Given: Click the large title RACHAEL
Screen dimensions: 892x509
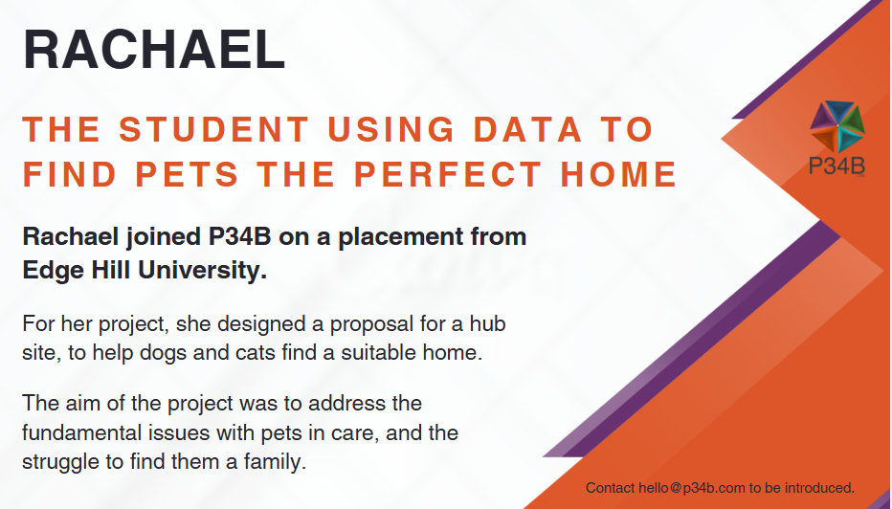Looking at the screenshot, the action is (x=154, y=49).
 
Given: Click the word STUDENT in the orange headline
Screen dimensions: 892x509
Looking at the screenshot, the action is (x=214, y=129).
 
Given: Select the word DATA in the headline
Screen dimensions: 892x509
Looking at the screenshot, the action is (x=528, y=129).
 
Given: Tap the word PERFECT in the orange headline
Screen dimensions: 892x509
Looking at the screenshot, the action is (x=448, y=174).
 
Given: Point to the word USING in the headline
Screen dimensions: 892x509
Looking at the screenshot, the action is (x=391, y=129).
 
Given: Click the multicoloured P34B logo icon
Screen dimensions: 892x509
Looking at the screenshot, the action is (x=836, y=126).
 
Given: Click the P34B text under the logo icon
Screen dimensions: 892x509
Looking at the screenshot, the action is (x=836, y=166).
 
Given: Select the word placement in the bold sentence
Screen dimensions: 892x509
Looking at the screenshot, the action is (x=400, y=237).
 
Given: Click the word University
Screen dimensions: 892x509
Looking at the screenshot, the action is (x=203, y=270).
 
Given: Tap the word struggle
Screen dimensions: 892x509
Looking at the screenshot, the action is (x=61, y=462).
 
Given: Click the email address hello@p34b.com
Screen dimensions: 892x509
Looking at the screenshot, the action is (x=692, y=488).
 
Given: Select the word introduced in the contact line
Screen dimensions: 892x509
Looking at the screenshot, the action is (x=820, y=488).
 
